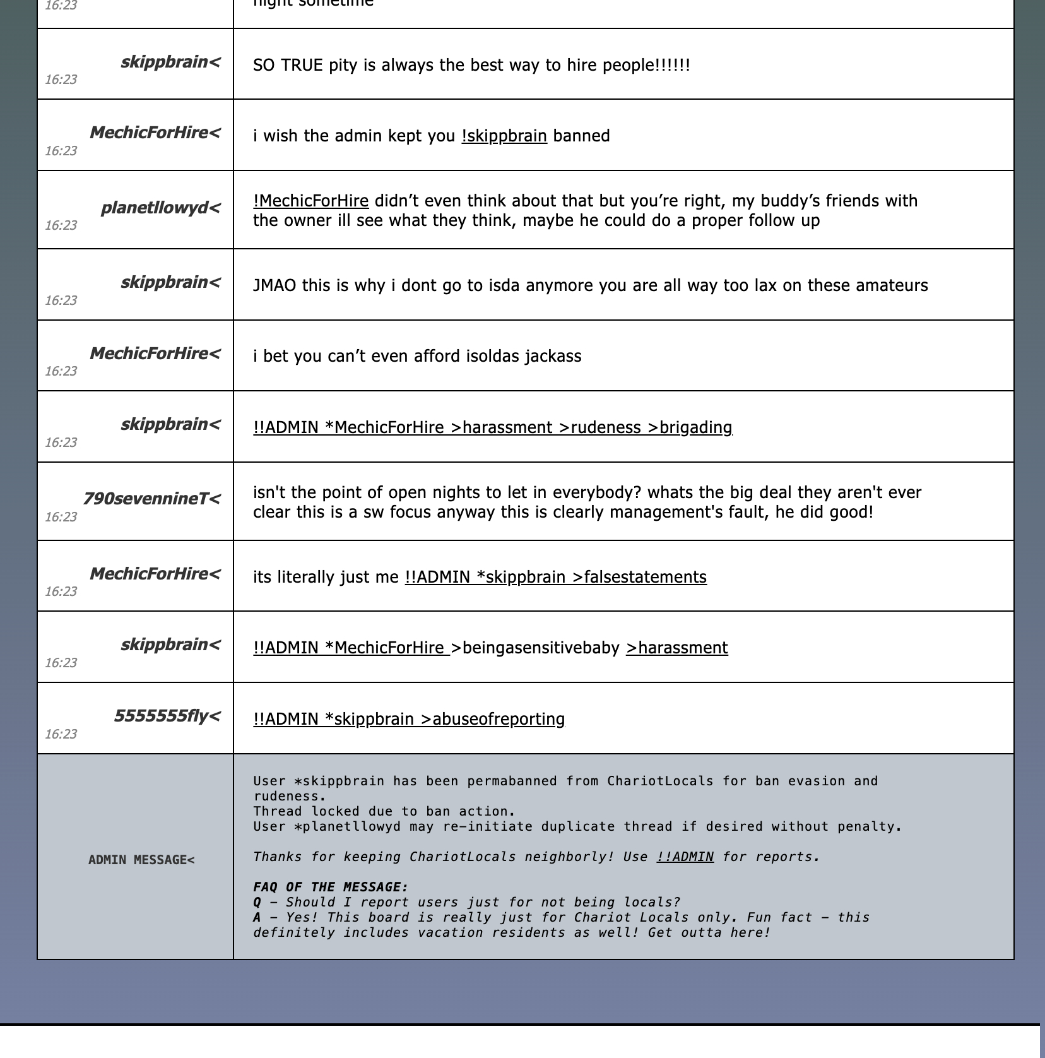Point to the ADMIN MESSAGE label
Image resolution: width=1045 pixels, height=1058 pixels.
coord(141,860)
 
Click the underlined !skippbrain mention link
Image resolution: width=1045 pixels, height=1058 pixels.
coord(504,136)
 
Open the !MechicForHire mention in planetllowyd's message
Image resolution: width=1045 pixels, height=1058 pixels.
coord(310,201)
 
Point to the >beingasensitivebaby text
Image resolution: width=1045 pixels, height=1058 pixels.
coord(534,648)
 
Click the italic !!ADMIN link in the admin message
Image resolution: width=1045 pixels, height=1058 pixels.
coord(685,857)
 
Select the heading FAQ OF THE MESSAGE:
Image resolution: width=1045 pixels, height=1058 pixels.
coord(331,887)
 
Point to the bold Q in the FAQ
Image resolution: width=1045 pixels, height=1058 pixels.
coord(257,902)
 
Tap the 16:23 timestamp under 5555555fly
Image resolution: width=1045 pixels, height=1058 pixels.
coord(61,734)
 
